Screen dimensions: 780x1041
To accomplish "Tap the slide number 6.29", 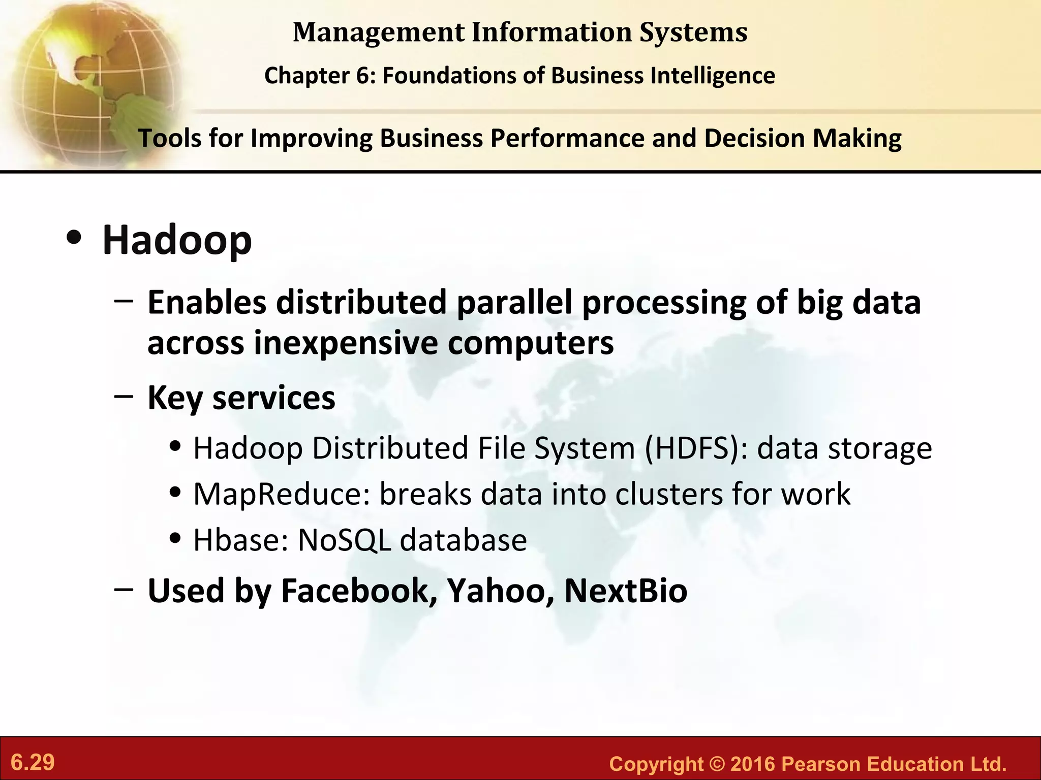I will [x=33, y=763].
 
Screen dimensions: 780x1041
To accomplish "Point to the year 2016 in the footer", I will [x=752, y=764].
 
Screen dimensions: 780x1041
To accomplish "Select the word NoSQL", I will [x=344, y=540].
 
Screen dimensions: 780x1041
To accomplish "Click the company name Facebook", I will [x=358, y=591].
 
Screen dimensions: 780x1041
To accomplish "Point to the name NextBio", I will [x=626, y=591].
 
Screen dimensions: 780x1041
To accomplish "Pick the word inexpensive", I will [x=346, y=343].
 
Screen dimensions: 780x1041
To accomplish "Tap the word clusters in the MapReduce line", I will [x=668, y=494].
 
